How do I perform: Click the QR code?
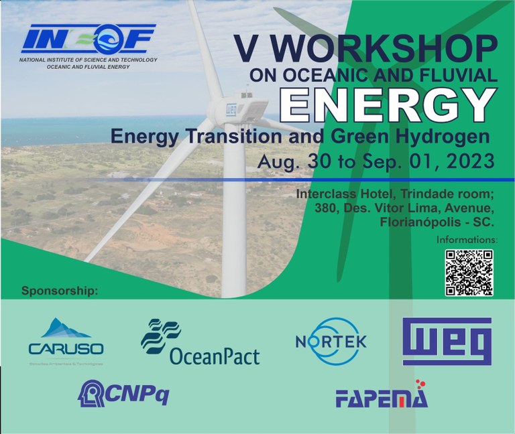[469, 272]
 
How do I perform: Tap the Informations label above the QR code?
[467, 239]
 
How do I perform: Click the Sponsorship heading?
[60, 291]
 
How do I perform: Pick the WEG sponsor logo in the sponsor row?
[447, 342]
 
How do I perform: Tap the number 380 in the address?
[327, 208]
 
